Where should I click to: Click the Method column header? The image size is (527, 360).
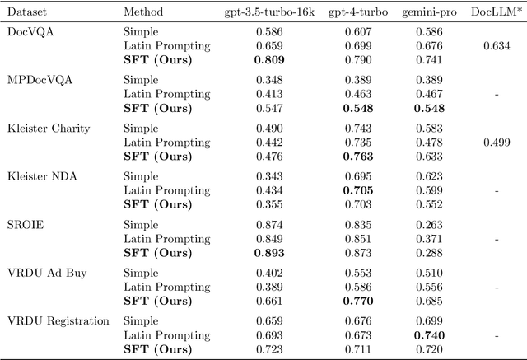pos(142,12)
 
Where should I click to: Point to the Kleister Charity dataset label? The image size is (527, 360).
pos(49,128)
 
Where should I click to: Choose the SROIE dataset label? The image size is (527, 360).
pos(26,223)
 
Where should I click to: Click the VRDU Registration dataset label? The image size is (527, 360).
pos(58,319)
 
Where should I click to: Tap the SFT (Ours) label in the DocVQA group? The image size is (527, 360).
pos(156,58)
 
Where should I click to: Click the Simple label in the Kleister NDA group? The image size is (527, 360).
pos(140,175)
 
